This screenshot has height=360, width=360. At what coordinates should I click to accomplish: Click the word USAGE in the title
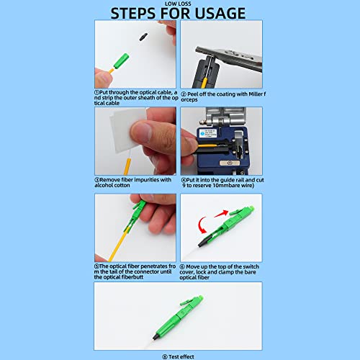click(x=219, y=13)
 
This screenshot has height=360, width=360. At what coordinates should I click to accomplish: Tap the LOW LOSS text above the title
click(x=179, y=3)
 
